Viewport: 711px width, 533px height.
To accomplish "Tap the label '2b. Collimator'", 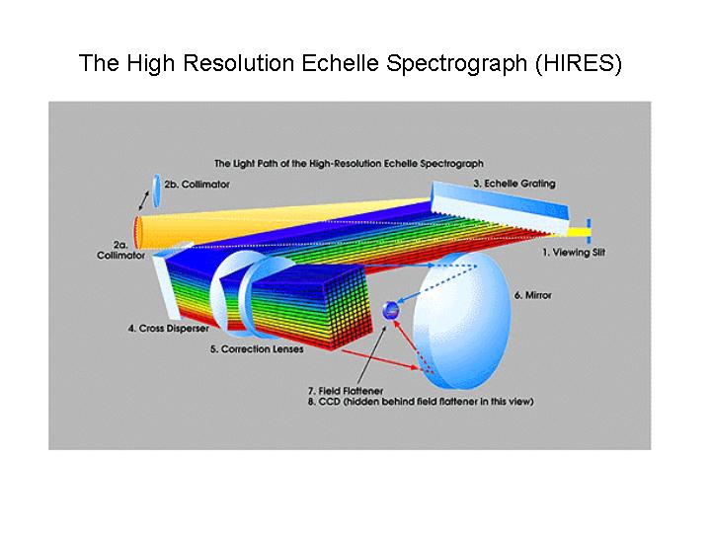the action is [x=197, y=185].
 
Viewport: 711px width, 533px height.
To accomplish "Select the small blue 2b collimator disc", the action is [x=156, y=190].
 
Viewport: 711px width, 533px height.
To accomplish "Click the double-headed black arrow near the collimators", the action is [x=144, y=200].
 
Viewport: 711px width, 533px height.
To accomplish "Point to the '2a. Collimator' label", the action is [x=120, y=250].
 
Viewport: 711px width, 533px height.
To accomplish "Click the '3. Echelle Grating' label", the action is [x=514, y=184].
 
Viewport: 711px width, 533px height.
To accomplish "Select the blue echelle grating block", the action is [x=499, y=207].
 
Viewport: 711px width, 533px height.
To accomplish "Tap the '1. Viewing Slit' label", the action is [x=574, y=253].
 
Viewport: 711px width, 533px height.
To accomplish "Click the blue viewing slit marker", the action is [x=589, y=232].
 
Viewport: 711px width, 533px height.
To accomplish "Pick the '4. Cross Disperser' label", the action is [x=168, y=328].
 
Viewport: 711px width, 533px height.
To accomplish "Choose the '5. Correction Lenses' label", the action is [x=257, y=349].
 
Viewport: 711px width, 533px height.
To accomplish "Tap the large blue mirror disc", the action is [x=462, y=321].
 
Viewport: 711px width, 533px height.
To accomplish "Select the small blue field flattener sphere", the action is [x=391, y=311].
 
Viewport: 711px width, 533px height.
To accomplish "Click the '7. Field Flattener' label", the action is [x=346, y=391].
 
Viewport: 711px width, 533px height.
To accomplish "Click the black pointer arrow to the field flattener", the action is [x=372, y=355].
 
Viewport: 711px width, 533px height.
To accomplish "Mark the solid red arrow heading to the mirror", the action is [x=380, y=359].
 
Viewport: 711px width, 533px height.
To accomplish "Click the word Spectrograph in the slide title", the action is [x=456, y=64].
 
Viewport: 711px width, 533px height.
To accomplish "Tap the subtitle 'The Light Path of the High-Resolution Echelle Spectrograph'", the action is [x=349, y=164].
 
